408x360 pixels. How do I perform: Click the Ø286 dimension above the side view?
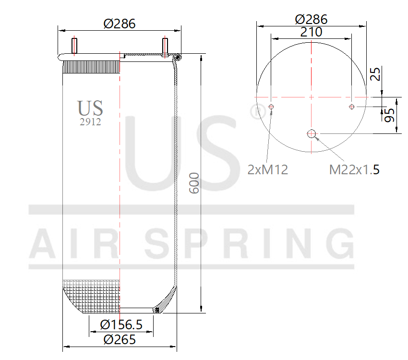pyautogui.click(x=120, y=23)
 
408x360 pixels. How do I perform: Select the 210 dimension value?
pyautogui.click(x=311, y=32)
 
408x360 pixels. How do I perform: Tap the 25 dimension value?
pyautogui.click(x=376, y=74)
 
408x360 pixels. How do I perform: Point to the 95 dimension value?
pyautogui.click(x=389, y=115)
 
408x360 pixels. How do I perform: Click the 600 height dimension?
pyautogui.click(x=194, y=182)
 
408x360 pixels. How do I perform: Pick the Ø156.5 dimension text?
pyautogui.click(x=121, y=325)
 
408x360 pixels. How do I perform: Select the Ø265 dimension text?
pyautogui.click(x=120, y=340)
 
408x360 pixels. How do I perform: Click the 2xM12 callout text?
pyautogui.click(x=268, y=169)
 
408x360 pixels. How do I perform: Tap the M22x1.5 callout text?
pyautogui.click(x=354, y=169)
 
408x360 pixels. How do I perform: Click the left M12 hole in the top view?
pyautogui.click(x=271, y=107)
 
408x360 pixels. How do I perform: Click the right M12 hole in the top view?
pyautogui.click(x=352, y=107)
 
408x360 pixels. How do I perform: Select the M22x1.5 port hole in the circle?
pyautogui.click(x=312, y=133)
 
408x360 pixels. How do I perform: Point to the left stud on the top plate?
pyautogui.click(x=74, y=46)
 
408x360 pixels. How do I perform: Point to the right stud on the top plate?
pyautogui.click(x=165, y=47)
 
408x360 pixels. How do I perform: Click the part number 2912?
pyautogui.click(x=90, y=122)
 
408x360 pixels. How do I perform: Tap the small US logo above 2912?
pyautogui.click(x=90, y=108)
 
